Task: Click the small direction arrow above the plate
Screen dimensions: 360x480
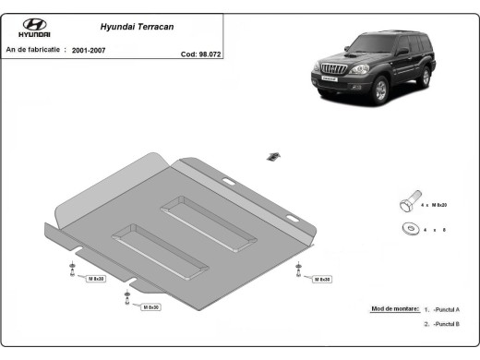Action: [274, 155]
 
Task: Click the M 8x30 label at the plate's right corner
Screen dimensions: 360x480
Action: [321, 278]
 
